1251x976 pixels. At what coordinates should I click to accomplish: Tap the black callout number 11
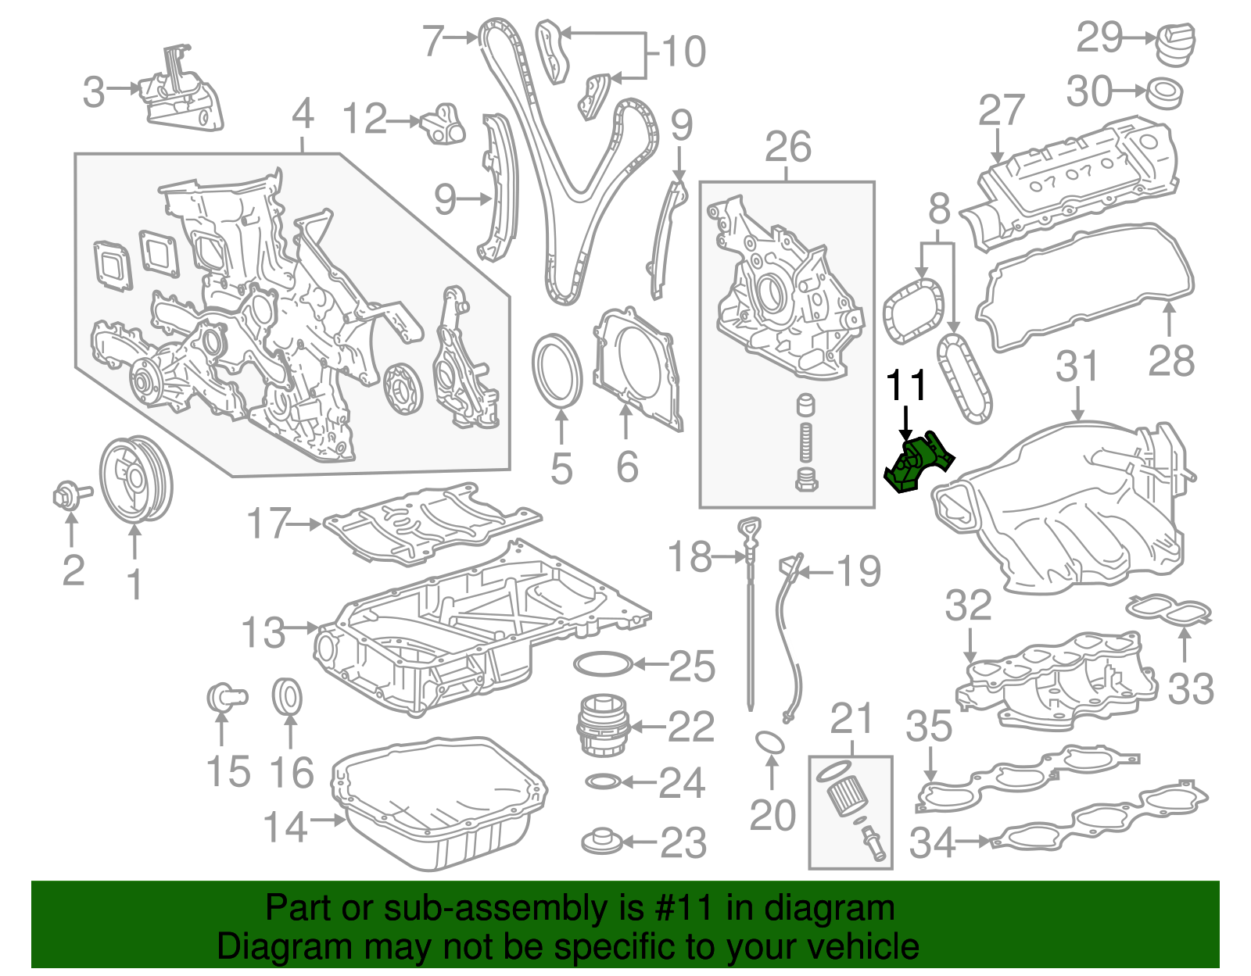click(905, 385)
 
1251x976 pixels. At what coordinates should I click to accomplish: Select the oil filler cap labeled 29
click(1175, 45)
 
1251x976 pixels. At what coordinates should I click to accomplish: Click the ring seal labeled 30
click(1164, 92)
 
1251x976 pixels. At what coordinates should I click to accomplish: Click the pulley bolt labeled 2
click(69, 495)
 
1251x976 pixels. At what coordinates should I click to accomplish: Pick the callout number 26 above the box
click(787, 147)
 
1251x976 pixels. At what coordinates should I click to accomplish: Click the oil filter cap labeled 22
click(602, 726)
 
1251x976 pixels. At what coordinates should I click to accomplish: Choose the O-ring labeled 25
click(602, 665)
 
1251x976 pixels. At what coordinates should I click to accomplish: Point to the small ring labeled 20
click(770, 742)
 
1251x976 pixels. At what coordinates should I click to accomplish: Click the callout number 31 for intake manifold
click(1077, 366)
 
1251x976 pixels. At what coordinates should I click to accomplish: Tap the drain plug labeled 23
click(602, 842)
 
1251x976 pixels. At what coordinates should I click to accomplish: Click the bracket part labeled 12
click(444, 124)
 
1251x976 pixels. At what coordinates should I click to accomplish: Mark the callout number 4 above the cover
click(303, 115)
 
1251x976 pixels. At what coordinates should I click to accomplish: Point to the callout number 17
click(268, 524)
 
